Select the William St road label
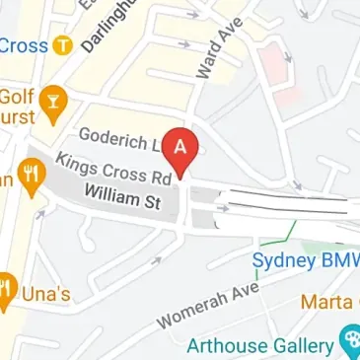[121, 198]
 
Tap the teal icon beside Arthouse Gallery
[349, 342]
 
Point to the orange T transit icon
[64, 44]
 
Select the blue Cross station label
[22, 44]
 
